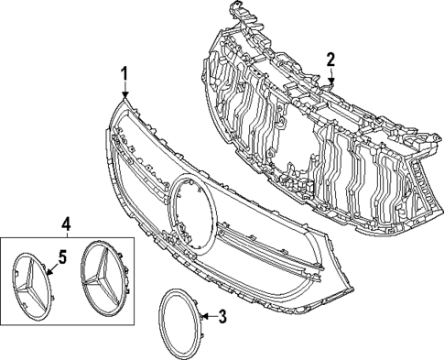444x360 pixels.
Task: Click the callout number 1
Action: (x=125, y=73)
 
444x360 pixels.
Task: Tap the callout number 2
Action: (x=331, y=60)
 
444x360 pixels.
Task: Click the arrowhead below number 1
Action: (x=125, y=93)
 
